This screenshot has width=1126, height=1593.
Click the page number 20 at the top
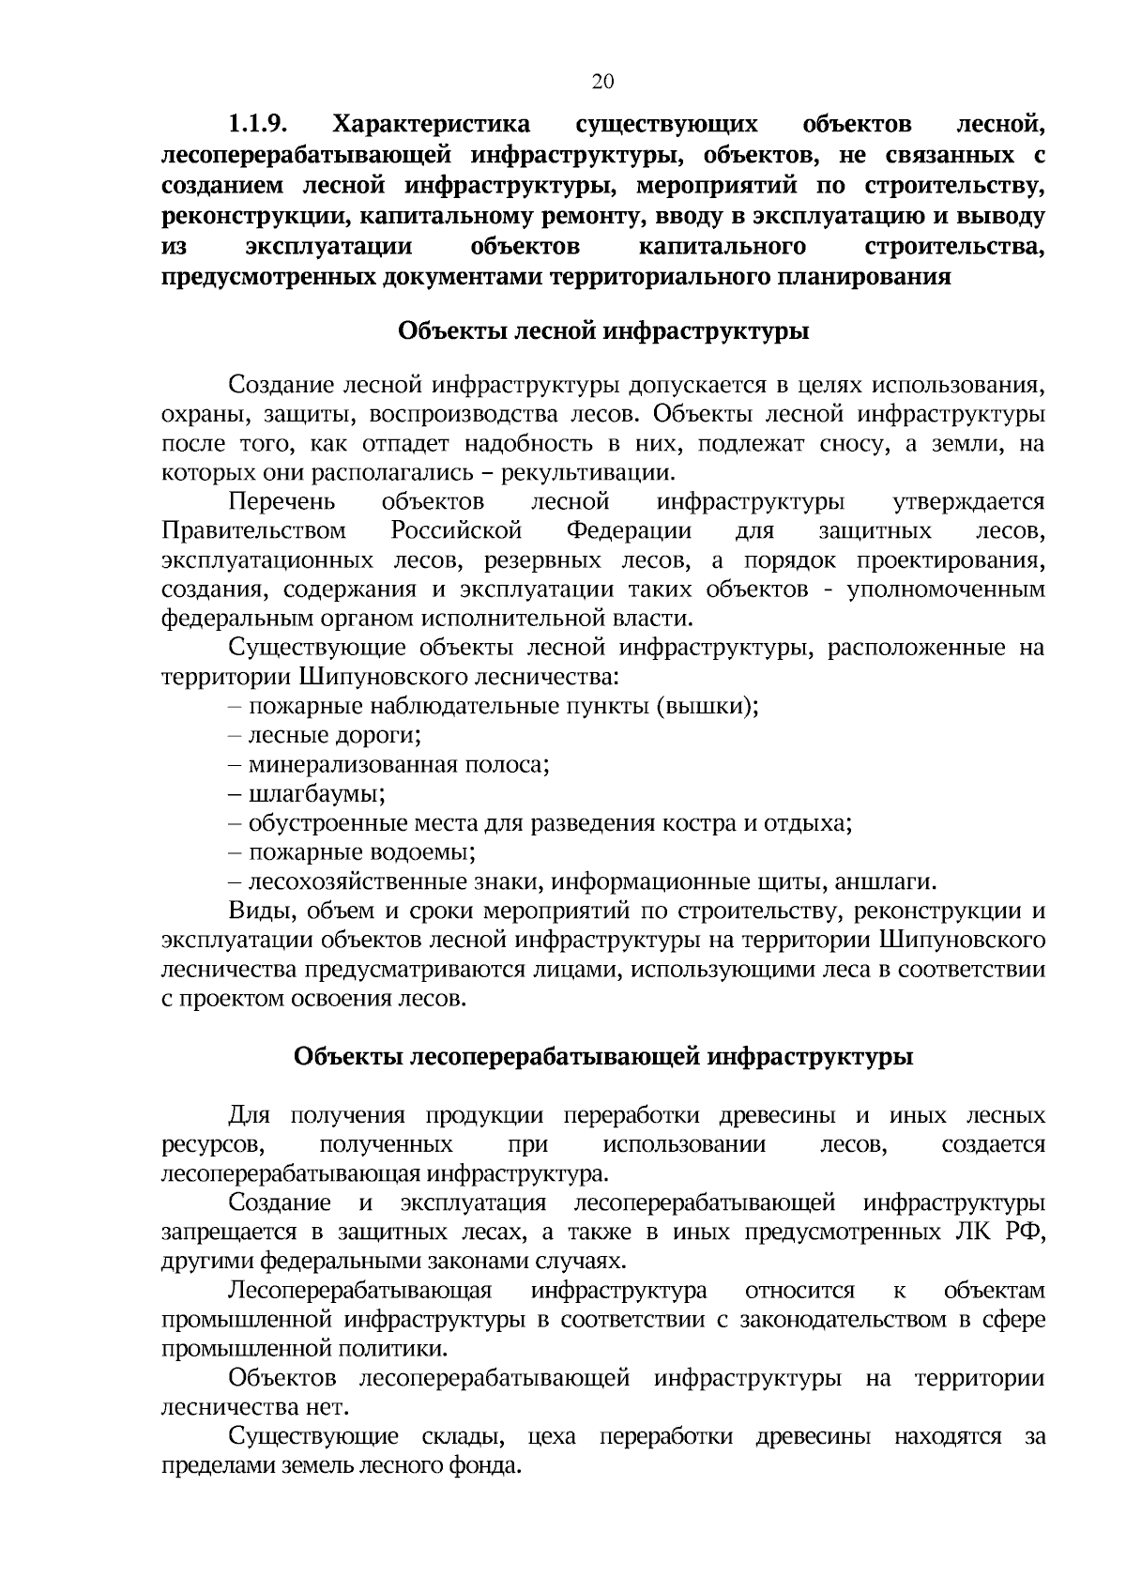602,82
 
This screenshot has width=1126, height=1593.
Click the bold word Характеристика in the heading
433,125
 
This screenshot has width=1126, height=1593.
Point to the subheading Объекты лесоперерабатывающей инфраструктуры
603,1056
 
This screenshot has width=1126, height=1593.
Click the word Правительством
254,531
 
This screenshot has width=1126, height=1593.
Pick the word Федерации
629,531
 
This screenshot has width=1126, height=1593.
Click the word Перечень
282,502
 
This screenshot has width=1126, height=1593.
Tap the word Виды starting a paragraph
256,911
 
